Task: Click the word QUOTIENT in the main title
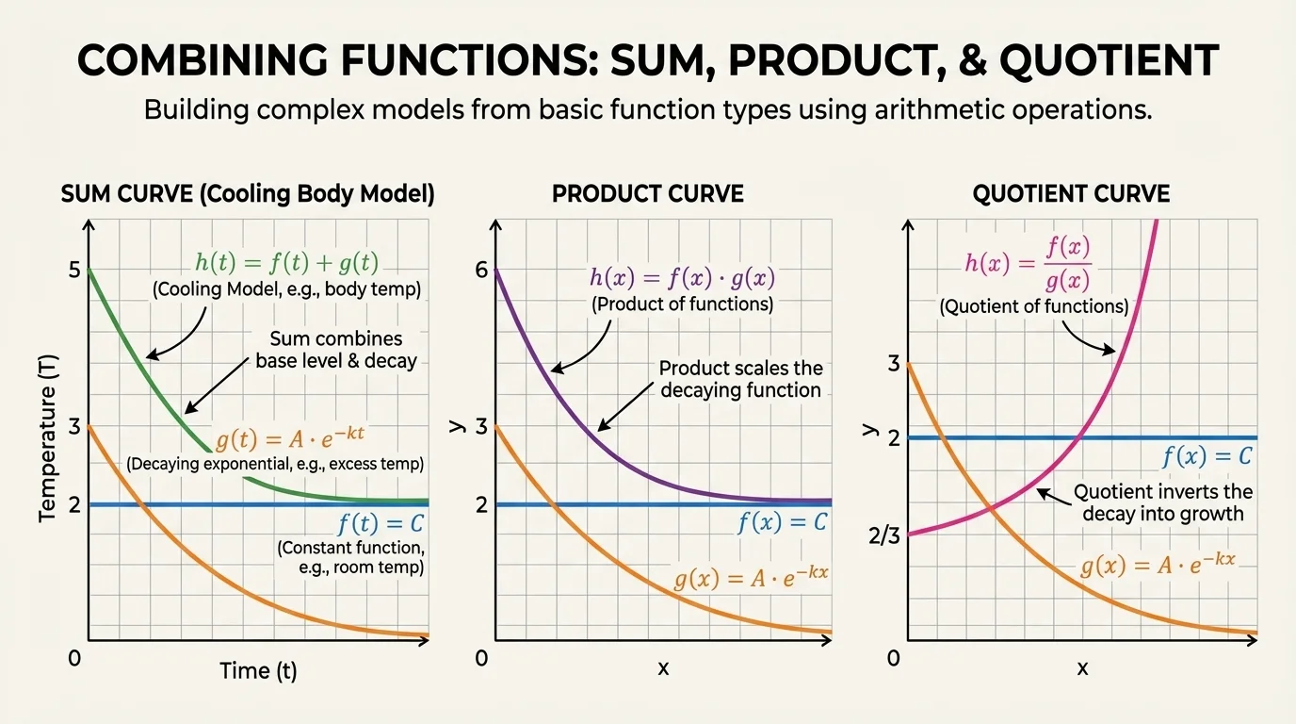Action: (x=1108, y=60)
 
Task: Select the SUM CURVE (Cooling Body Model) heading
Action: (x=248, y=194)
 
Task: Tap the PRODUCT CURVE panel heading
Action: (x=647, y=194)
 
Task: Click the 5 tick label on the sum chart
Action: (x=73, y=270)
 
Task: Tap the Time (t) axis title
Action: (x=258, y=670)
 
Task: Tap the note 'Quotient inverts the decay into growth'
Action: (x=1163, y=502)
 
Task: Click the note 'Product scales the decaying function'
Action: (x=740, y=379)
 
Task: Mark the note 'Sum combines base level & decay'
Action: (x=336, y=349)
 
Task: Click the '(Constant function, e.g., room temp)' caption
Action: (x=349, y=558)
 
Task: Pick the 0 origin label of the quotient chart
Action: (x=893, y=657)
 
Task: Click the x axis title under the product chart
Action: (x=663, y=668)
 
